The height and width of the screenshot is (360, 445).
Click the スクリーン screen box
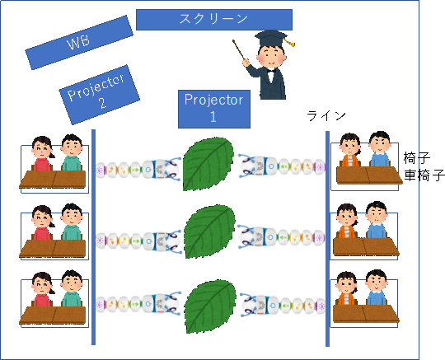pyautogui.click(x=214, y=20)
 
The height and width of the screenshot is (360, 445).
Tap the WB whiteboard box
pyautogui.click(x=79, y=43)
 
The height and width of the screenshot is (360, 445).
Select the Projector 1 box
pyautogui.click(x=214, y=109)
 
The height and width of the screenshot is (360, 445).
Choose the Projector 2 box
pyautogui.click(x=99, y=95)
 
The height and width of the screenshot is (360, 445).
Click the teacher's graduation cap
pyautogui.click(x=272, y=37)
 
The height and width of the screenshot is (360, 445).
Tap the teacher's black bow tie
pyautogui.click(x=271, y=71)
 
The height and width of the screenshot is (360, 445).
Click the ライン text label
pyautogui.click(x=326, y=115)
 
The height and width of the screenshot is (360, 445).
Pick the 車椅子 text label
pyautogui.click(x=424, y=175)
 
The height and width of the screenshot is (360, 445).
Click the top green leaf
pyautogui.click(x=208, y=164)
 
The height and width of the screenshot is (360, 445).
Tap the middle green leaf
pyautogui.click(x=209, y=231)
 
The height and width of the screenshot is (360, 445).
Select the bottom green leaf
pyautogui.click(x=211, y=306)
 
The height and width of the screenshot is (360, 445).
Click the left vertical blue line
pyautogui.click(x=93, y=237)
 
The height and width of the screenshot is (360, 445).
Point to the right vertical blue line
pyautogui.click(x=327, y=239)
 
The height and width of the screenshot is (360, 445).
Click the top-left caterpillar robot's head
pyautogui.click(x=169, y=170)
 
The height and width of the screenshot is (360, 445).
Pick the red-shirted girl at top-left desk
pyautogui.click(x=42, y=154)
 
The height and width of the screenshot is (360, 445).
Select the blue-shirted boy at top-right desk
pyautogui.click(x=380, y=149)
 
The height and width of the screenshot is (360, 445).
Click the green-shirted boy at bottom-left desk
pyautogui.click(x=72, y=288)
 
